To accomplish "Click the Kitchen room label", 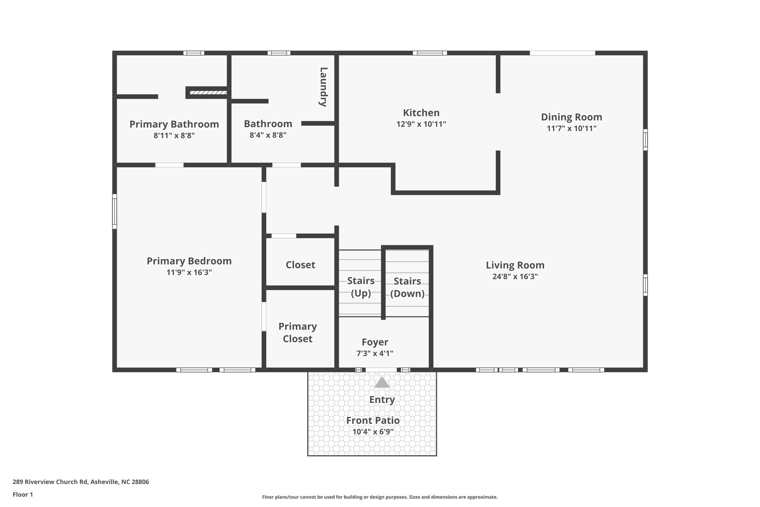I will tap(421, 113).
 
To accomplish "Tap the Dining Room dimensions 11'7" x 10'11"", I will tap(571, 129).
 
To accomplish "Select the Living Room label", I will tap(515, 265).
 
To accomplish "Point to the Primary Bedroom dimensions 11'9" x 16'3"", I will tap(189, 272).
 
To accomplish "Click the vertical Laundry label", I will tap(323, 87).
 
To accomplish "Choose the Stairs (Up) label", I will tap(360, 287).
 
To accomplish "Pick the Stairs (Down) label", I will tap(407, 287).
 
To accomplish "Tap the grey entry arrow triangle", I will tap(381, 383).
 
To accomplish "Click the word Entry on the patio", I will tap(381, 400).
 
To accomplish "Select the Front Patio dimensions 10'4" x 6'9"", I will tap(373, 432).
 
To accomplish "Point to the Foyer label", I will tap(375, 342).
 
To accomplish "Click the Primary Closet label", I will tap(297, 332).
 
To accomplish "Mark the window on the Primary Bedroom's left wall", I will tap(115, 211).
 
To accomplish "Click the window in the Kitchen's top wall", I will tap(430, 53).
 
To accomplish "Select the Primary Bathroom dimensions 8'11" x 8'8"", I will tap(174, 136).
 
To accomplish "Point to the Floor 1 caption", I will tap(23, 494).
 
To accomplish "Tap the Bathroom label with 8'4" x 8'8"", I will tap(268, 124).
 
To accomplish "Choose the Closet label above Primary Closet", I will tap(300, 265).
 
